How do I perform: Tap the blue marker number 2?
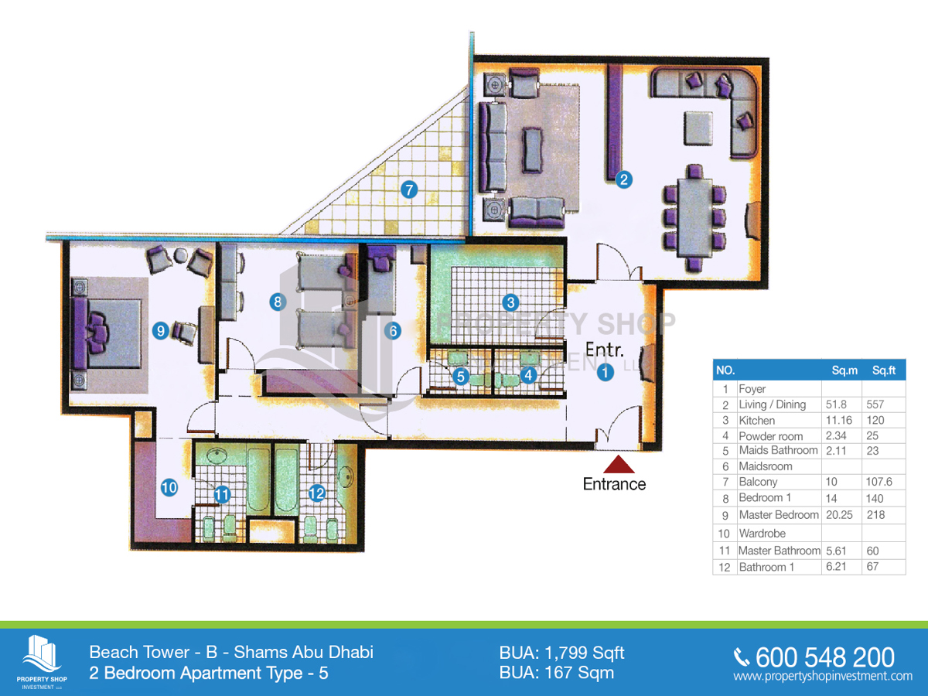click(625, 180)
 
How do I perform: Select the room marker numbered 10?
click(169, 487)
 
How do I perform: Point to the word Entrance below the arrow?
click(614, 484)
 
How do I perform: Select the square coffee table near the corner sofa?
click(698, 128)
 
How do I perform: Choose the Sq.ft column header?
click(884, 371)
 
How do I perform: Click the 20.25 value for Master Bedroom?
click(841, 515)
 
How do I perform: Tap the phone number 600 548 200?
click(824, 657)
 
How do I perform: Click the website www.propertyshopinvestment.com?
click(823, 677)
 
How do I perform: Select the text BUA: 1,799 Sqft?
click(561, 653)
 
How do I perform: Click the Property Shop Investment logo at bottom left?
click(42, 660)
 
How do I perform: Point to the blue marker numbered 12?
click(316, 493)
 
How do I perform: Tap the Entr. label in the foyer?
click(599, 348)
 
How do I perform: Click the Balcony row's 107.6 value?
click(880, 482)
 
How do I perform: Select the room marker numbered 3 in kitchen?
click(510, 302)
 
